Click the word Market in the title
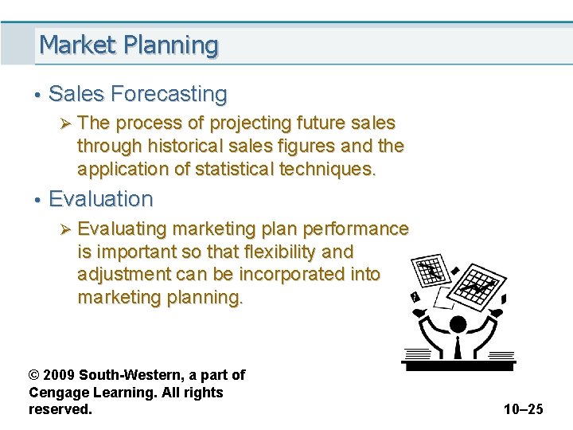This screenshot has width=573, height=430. (77, 45)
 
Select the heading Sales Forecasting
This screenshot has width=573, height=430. (138, 94)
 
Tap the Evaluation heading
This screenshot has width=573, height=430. (100, 198)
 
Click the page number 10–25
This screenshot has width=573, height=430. (523, 409)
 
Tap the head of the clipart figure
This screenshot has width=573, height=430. (458, 324)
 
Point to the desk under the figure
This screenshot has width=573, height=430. (458, 365)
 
